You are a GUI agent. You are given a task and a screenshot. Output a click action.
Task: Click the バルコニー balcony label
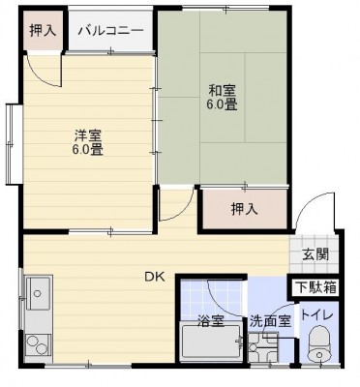(110, 31)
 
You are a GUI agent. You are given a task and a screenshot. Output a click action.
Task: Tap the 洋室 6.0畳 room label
(88, 142)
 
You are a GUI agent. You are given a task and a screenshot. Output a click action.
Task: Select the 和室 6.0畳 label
(223, 97)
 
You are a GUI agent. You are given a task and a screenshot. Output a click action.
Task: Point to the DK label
(154, 277)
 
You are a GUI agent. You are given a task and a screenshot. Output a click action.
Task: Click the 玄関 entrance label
(315, 254)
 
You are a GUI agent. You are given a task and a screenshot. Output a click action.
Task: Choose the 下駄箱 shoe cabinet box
(315, 287)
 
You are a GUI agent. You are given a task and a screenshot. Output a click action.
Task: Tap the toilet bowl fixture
(319, 344)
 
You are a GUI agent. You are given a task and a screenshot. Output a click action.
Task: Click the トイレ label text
(316, 314)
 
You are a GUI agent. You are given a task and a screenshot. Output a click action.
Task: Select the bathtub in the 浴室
(211, 342)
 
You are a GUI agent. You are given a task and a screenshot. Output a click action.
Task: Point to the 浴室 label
(211, 320)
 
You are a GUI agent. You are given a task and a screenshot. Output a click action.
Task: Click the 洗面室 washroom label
(271, 321)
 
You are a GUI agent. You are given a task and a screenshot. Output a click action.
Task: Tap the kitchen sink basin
(38, 293)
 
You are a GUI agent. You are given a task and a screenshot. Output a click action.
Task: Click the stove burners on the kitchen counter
(38, 344)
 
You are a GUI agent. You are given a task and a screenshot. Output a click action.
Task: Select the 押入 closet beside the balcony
(43, 31)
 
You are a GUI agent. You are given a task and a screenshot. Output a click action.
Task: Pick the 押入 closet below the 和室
(245, 209)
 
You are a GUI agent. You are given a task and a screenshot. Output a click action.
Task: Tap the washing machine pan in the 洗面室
(263, 347)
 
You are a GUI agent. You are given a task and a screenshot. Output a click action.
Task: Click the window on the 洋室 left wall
(12, 144)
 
